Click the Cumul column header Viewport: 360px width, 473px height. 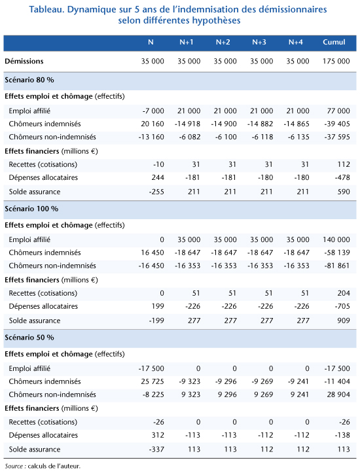point(334,43)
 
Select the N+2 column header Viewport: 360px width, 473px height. point(223,43)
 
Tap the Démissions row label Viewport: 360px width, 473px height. point(24,61)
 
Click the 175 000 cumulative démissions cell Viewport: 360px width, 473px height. point(336,61)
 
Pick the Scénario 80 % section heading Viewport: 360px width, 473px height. point(29,80)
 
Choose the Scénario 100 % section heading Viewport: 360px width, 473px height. point(31,209)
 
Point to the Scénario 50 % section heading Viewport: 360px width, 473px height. point(29,338)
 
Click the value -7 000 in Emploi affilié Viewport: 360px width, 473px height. point(153,111)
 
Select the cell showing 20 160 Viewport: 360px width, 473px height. point(153,124)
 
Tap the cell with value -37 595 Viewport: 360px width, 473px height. point(337,137)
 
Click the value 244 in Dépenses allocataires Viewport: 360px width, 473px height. point(158,178)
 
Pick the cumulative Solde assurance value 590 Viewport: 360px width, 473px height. point(344,192)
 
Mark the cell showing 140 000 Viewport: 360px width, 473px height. point(336,240)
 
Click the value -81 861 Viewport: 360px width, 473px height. point(337,266)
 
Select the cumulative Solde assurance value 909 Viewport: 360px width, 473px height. point(344,321)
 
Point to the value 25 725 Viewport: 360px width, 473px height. point(153,381)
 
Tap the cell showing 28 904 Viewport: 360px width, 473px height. point(338,394)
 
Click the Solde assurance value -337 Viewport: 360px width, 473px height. point(156,449)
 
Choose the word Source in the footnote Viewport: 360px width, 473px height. point(14,466)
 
